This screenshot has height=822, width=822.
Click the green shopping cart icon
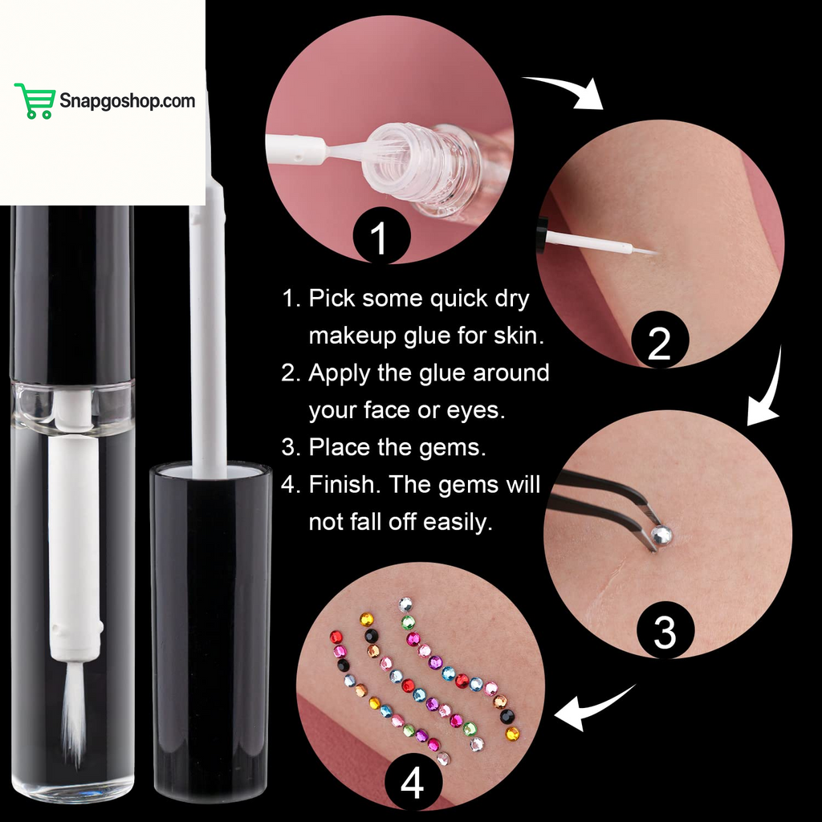(35, 101)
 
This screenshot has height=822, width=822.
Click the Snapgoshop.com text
(127, 101)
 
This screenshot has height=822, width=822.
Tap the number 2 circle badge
(659, 344)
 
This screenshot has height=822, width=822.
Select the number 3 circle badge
(665, 633)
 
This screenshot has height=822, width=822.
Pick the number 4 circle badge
(413, 783)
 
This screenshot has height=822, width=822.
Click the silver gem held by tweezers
(661, 535)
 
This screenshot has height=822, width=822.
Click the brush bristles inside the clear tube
(74, 714)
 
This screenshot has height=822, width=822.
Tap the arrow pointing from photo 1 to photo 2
(566, 89)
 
